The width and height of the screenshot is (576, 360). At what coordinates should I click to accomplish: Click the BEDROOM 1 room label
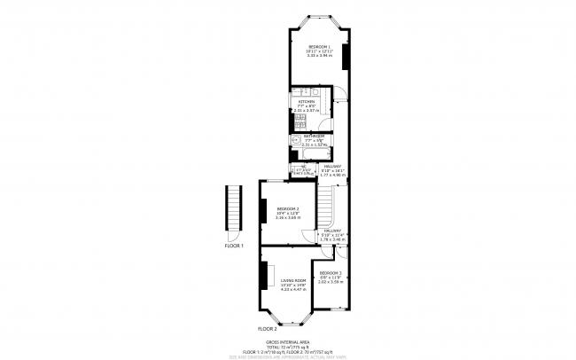click(x=319, y=46)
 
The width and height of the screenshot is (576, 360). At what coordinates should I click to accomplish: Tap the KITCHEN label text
click(x=307, y=102)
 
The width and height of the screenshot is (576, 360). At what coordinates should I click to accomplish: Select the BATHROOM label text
click(x=314, y=136)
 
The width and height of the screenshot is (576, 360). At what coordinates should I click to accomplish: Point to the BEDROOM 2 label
click(x=287, y=208)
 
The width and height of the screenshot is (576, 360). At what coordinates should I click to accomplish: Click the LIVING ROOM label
click(x=293, y=280)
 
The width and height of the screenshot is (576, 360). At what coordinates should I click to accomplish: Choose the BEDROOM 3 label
click(x=331, y=272)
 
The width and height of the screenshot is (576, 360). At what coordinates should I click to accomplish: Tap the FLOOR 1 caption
click(x=234, y=245)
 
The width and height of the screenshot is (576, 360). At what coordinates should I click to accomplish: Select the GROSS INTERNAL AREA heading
click(x=287, y=340)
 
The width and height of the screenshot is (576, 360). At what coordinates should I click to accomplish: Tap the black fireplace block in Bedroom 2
click(x=263, y=211)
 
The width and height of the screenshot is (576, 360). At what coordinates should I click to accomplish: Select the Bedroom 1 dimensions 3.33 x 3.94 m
click(x=319, y=57)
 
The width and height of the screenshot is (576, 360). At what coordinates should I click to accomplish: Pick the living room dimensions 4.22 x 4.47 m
click(x=293, y=290)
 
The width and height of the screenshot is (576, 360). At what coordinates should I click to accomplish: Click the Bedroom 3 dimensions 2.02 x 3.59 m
click(x=331, y=282)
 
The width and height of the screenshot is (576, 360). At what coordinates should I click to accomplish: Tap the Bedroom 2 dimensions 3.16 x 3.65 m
click(x=287, y=218)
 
